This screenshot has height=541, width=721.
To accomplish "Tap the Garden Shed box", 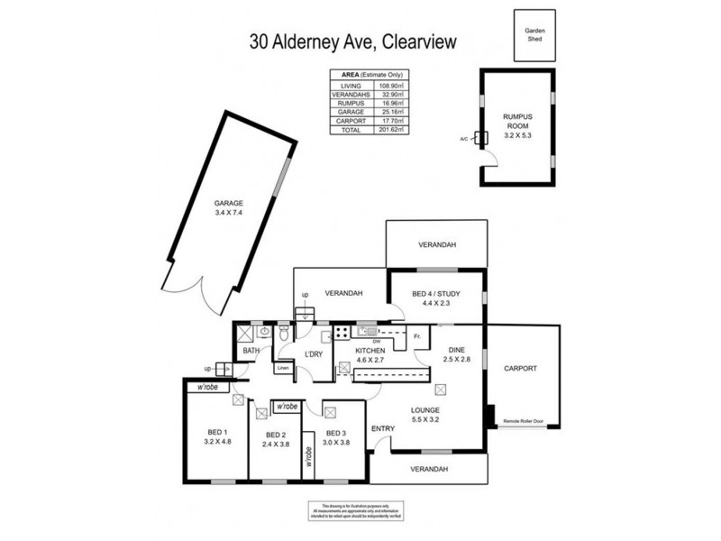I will coord(535,34).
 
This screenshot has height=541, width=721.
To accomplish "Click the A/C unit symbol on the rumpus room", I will coord(480,139).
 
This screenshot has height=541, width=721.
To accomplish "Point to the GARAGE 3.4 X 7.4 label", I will coord(229,207).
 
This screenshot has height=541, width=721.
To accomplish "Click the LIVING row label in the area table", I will coord(351,85).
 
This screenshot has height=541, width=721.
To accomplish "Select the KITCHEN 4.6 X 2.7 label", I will coord(370,355).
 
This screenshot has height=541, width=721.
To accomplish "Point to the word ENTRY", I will coord(384,429).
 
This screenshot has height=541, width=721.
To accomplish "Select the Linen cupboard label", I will coord(283,368).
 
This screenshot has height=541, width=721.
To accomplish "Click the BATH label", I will coord(251,352).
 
